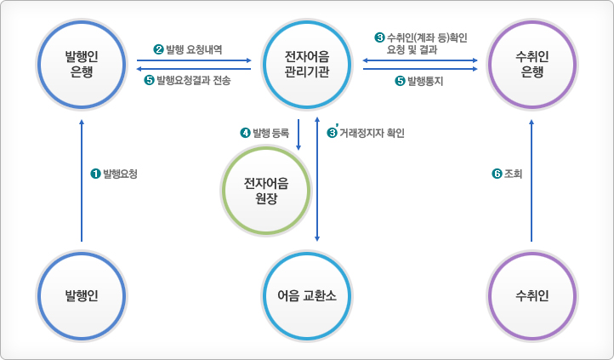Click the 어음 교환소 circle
tap(307, 297)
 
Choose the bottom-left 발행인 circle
tap(82, 297)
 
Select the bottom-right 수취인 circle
tap(532, 297)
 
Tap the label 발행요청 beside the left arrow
tap(119, 174)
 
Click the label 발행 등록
tap(270, 133)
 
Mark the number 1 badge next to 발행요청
tap(95, 174)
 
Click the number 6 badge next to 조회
tap(497, 174)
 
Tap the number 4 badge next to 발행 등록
tap(246, 133)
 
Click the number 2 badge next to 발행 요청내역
tap(158, 50)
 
